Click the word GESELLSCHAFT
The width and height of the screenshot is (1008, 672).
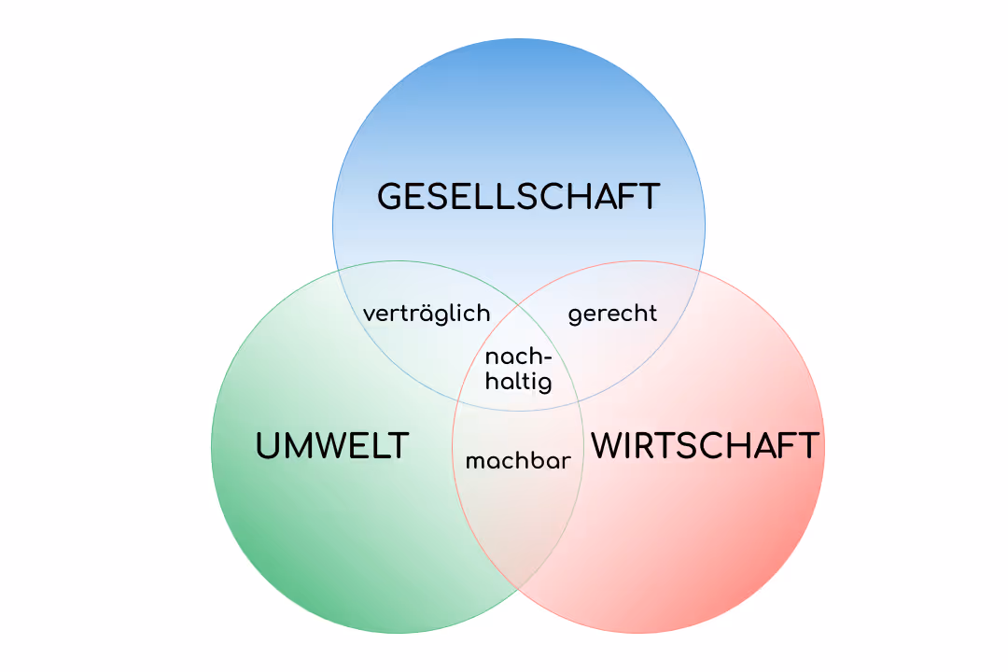pos(518,197)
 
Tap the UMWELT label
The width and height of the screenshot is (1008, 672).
pos(332,446)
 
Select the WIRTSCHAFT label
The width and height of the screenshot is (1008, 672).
pos(706,446)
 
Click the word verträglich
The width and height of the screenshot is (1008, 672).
pos(427,314)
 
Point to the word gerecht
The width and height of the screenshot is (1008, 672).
pos(612,315)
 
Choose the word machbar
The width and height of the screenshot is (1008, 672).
pos(518,461)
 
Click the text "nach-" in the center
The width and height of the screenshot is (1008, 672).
pos(519,357)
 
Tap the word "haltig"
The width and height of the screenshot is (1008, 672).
pos(518,382)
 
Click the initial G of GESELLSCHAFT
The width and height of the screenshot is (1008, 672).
pos(391,197)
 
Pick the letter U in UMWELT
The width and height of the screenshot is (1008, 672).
pos(269,446)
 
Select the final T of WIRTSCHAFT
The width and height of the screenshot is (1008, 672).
pos(808,446)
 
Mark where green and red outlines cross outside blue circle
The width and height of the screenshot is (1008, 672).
pos(518,589)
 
